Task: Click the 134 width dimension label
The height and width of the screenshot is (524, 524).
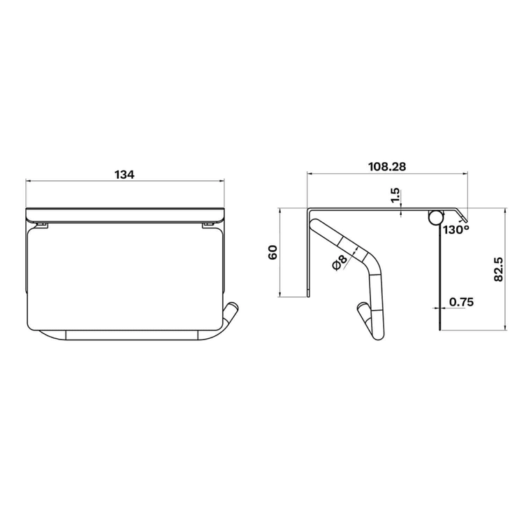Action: [x=124, y=175]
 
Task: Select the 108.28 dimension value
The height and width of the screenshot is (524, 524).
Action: [x=387, y=166]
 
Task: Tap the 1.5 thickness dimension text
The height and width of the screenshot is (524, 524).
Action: [x=395, y=196]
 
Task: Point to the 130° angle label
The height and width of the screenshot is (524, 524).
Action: [x=456, y=230]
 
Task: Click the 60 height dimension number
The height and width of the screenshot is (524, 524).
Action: [x=272, y=252]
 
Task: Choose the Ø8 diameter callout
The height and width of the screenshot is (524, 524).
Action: [x=338, y=262]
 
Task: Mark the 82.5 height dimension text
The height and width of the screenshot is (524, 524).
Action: [x=498, y=269]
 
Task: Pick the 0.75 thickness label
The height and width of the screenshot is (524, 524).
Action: [x=462, y=302]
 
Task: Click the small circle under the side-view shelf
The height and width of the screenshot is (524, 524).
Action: [x=436, y=217]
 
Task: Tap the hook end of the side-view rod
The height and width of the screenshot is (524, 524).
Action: [x=363, y=313]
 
